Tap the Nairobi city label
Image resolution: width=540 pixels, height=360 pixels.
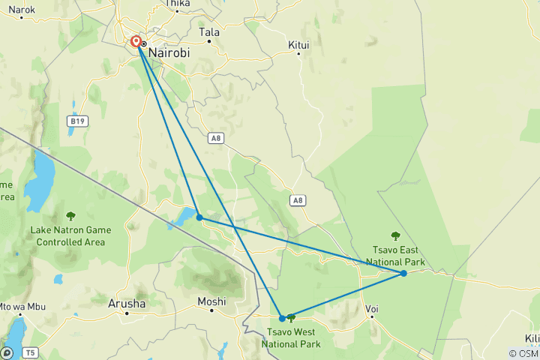169,53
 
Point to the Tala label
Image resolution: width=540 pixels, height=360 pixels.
209,32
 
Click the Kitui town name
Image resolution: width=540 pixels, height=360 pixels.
298,46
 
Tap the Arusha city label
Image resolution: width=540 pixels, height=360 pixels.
127,304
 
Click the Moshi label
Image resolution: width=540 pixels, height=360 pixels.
211,301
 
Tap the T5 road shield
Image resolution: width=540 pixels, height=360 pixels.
29,352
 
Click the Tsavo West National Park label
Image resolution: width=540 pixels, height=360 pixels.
291,338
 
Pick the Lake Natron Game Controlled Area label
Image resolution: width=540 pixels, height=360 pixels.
70,235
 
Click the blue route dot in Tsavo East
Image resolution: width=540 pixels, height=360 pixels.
403,273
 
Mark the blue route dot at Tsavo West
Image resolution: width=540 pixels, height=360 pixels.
283,318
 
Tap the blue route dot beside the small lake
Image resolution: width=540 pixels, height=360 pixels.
199,217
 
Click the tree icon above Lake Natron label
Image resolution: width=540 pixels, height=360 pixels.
70,216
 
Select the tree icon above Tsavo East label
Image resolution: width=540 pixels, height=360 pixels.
395,235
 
